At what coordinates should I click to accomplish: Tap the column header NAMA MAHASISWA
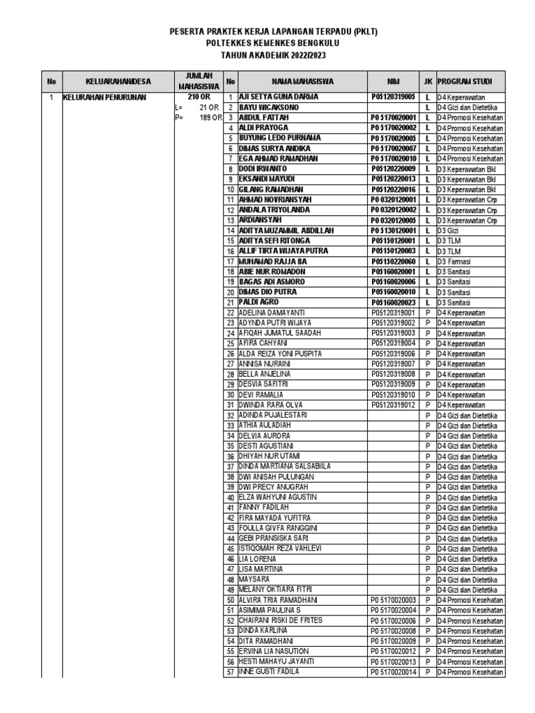click(303, 81)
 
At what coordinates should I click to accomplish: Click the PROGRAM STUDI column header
click(470, 81)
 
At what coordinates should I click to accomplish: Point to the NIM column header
click(393, 81)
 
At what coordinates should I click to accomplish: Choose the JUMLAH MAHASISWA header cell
click(198, 81)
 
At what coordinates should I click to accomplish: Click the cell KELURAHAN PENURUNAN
click(104, 97)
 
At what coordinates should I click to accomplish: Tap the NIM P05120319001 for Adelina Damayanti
click(393, 313)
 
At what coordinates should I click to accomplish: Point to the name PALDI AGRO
click(259, 303)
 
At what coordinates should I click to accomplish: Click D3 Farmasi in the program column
click(453, 262)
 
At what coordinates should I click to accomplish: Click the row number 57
click(231, 672)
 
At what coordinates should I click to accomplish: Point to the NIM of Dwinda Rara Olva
click(393, 405)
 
